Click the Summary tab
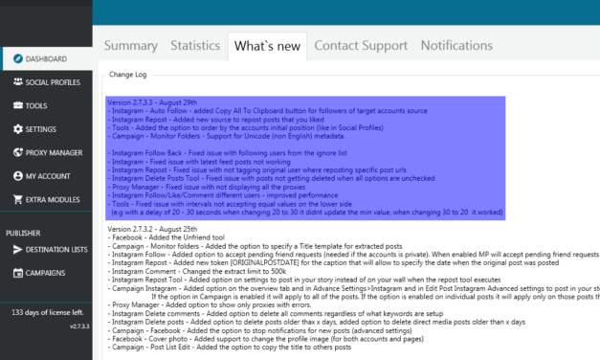(130, 45)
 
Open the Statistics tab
(194, 45)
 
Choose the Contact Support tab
(361, 45)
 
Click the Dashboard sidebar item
(46, 58)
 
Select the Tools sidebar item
(36, 105)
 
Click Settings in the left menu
(41, 128)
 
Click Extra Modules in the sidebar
(51, 199)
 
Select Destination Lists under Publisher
(56, 250)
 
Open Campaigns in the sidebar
(47, 273)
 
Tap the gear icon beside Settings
(14, 128)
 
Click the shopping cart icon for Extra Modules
(14, 199)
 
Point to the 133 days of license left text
(46, 312)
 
